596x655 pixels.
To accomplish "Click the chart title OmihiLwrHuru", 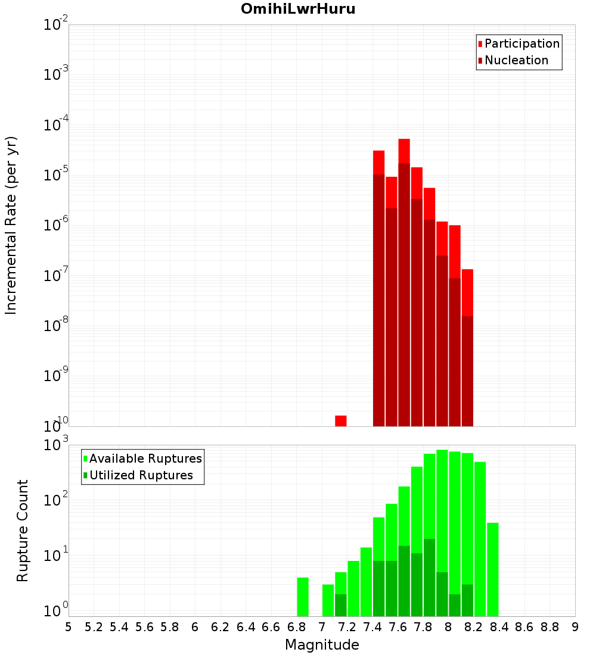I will tap(298, 10).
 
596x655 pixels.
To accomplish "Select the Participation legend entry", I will tap(522, 43).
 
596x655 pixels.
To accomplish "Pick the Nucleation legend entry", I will tap(516, 60).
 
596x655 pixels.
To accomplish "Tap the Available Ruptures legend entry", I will tap(145, 458).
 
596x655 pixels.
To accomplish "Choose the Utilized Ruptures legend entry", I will tap(141, 475).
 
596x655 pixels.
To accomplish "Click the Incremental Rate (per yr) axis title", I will tap(11, 225).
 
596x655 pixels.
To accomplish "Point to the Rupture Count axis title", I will tap(23, 530).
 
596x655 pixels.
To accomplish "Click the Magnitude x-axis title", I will tap(322, 645).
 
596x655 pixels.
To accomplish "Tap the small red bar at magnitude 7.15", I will tap(341, 421).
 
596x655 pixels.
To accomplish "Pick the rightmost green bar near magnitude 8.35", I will tap(492, 569).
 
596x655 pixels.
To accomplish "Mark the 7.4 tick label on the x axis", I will tap(372, 627).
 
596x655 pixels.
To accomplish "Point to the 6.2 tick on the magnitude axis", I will tap(221, 627).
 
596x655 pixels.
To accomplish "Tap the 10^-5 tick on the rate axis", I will tap(56, 175).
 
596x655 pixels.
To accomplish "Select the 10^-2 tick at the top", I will tap(56, 25).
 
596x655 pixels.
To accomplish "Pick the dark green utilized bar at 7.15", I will tap(341, 605).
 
